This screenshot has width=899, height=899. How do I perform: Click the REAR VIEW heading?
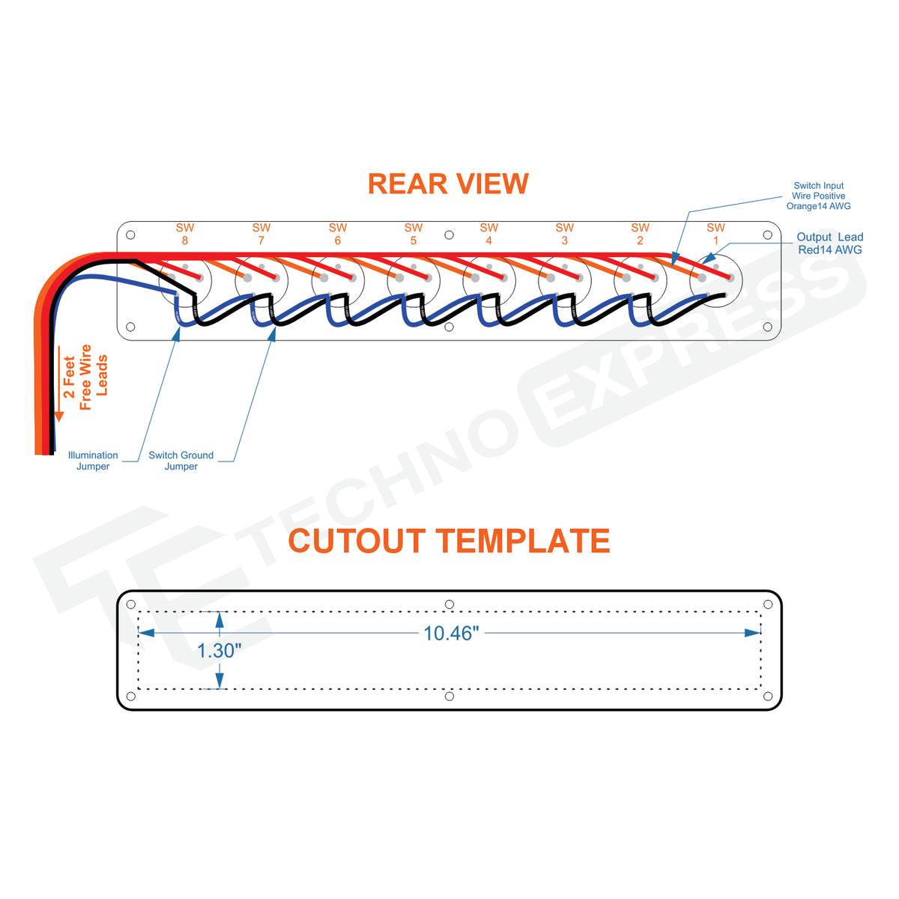coord(448,184)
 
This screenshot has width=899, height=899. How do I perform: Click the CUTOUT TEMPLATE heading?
coord(449,540)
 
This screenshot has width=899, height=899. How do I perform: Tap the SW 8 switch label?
coord(185,234)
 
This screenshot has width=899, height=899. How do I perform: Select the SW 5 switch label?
coord(413,234)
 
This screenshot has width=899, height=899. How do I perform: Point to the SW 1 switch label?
coord(715,234)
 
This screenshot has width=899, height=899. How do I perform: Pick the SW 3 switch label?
coord(564,234)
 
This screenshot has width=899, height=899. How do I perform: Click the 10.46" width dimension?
coord(451,633)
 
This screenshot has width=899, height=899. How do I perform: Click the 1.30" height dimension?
coord(219,650)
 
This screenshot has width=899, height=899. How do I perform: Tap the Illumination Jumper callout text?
coord(93,461)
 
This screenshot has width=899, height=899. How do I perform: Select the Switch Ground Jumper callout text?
coord(181,461)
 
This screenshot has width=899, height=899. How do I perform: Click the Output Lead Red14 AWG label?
coord(829,243)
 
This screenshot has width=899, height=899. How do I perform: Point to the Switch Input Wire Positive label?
coord(818,196)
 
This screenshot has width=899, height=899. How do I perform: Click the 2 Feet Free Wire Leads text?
coord(85,377)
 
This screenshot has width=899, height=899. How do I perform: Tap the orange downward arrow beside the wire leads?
coord(59,384)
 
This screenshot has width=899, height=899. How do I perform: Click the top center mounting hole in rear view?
coord(449,235)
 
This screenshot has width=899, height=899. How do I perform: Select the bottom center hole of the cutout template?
coord(449,696)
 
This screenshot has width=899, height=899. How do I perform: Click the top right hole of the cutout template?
coord(767,605)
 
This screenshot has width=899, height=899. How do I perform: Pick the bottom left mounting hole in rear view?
coord(130,327)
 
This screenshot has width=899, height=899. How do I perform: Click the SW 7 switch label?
coord(261,234)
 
